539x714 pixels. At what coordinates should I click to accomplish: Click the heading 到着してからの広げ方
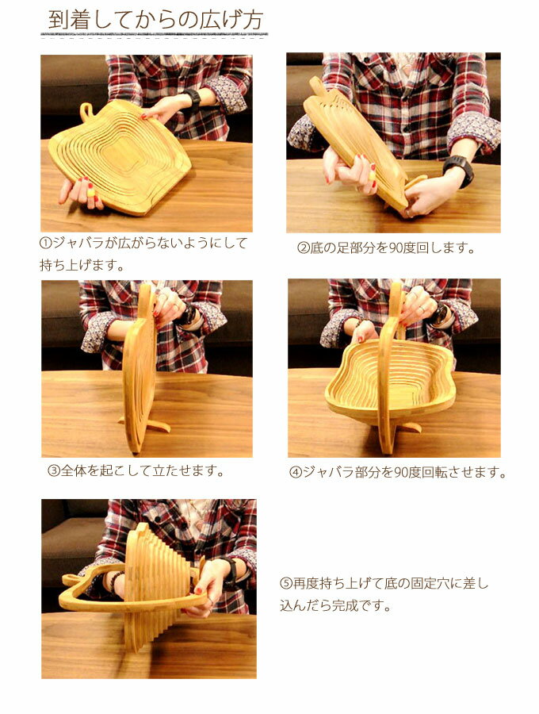coord(155,21)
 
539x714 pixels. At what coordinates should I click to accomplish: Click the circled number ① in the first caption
coord(46,242)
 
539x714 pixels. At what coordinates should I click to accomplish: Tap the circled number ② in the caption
coord(304,248)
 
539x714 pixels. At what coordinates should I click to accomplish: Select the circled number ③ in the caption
coord(54,470)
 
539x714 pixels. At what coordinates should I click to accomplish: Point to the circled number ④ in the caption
coord(296,472)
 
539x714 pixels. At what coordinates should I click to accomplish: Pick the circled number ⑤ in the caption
coord(286,583)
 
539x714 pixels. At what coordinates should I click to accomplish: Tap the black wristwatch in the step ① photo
coord(193,99)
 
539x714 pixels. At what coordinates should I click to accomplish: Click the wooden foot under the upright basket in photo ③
coord(147,426)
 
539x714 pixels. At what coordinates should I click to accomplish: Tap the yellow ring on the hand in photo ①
coord(91,193)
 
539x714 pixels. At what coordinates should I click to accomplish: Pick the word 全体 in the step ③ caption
coord(73,470)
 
